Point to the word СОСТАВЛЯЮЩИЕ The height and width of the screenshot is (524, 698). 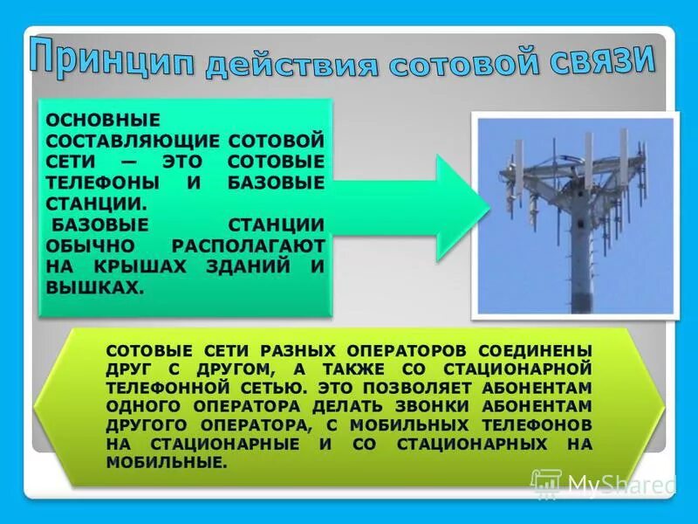(x=132, y=140)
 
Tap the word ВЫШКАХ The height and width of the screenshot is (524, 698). (x=93, y=287)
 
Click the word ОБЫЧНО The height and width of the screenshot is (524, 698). (x=94, y=245)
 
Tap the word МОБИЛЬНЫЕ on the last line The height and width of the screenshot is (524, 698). (x=164, y=463)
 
